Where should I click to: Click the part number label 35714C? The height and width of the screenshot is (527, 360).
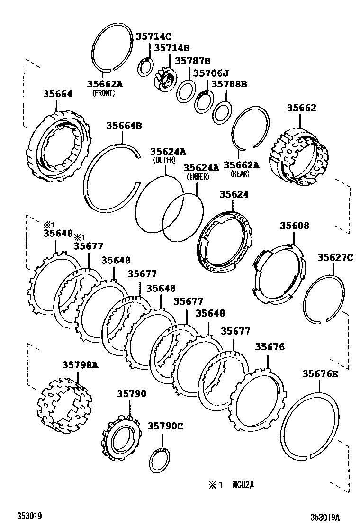[154, 36]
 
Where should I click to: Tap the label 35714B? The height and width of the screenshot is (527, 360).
[171, 48]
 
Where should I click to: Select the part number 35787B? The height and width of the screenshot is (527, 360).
[193, 61]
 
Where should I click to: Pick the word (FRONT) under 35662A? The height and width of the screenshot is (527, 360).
[104, 93]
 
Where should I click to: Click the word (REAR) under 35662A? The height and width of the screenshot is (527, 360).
[240, 174]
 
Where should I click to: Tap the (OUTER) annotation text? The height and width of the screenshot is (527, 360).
[164, 161]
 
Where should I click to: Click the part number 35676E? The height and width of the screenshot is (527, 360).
[320, 374]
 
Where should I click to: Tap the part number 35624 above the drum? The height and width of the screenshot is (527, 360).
[234, 194]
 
